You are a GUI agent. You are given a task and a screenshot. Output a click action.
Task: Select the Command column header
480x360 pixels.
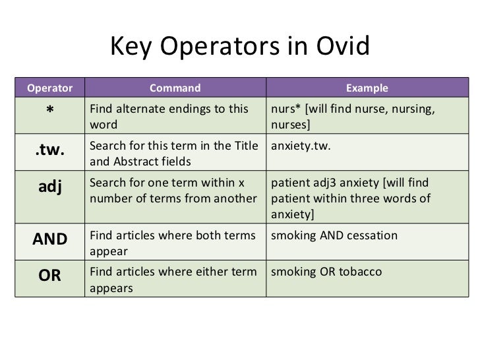pos(175,88)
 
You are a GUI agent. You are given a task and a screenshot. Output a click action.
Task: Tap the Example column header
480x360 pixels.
pos(367,88)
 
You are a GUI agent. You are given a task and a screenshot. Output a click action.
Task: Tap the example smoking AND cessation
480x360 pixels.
pos(334,235)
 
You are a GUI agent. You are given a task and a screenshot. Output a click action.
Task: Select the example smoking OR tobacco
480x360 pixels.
pos(326,272)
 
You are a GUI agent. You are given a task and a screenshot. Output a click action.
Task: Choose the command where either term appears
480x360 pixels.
pos(173,280)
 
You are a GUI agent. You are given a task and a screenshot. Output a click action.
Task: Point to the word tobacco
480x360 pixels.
pos(360,272)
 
